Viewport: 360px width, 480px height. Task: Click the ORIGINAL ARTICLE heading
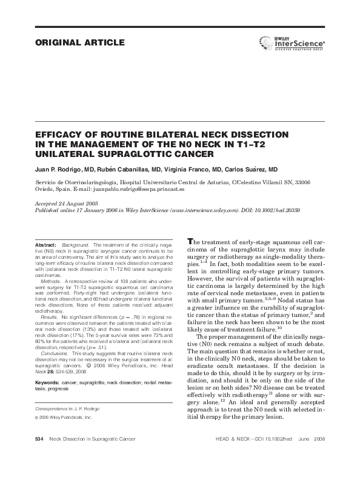(81, 43)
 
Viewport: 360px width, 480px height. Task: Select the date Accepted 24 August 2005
(65, 204)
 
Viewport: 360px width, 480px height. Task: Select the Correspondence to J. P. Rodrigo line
(67, 409)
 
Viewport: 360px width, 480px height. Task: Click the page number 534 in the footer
(39, 455)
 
